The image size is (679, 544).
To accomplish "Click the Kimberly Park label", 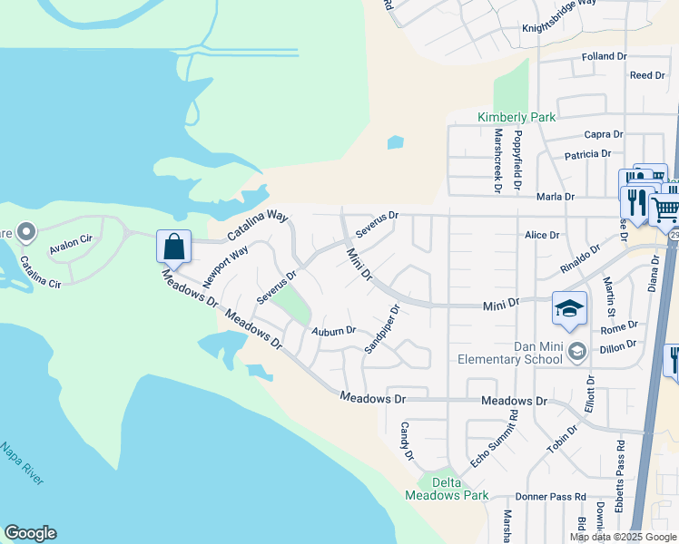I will (517, 117).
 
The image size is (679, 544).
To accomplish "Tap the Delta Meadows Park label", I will (447, 489).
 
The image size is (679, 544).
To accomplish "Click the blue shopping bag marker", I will (173, 247).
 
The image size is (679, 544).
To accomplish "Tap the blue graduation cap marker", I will (569, 309).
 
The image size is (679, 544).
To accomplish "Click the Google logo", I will (30, 533).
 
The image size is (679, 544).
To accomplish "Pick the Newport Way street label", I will (225, 264).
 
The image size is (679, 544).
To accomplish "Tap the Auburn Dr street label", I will (334, 332).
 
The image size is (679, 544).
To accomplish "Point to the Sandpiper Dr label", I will (382, 328).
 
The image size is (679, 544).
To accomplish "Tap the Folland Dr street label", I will (605, 56).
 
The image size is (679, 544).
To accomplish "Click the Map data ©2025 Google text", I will (623, 537).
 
